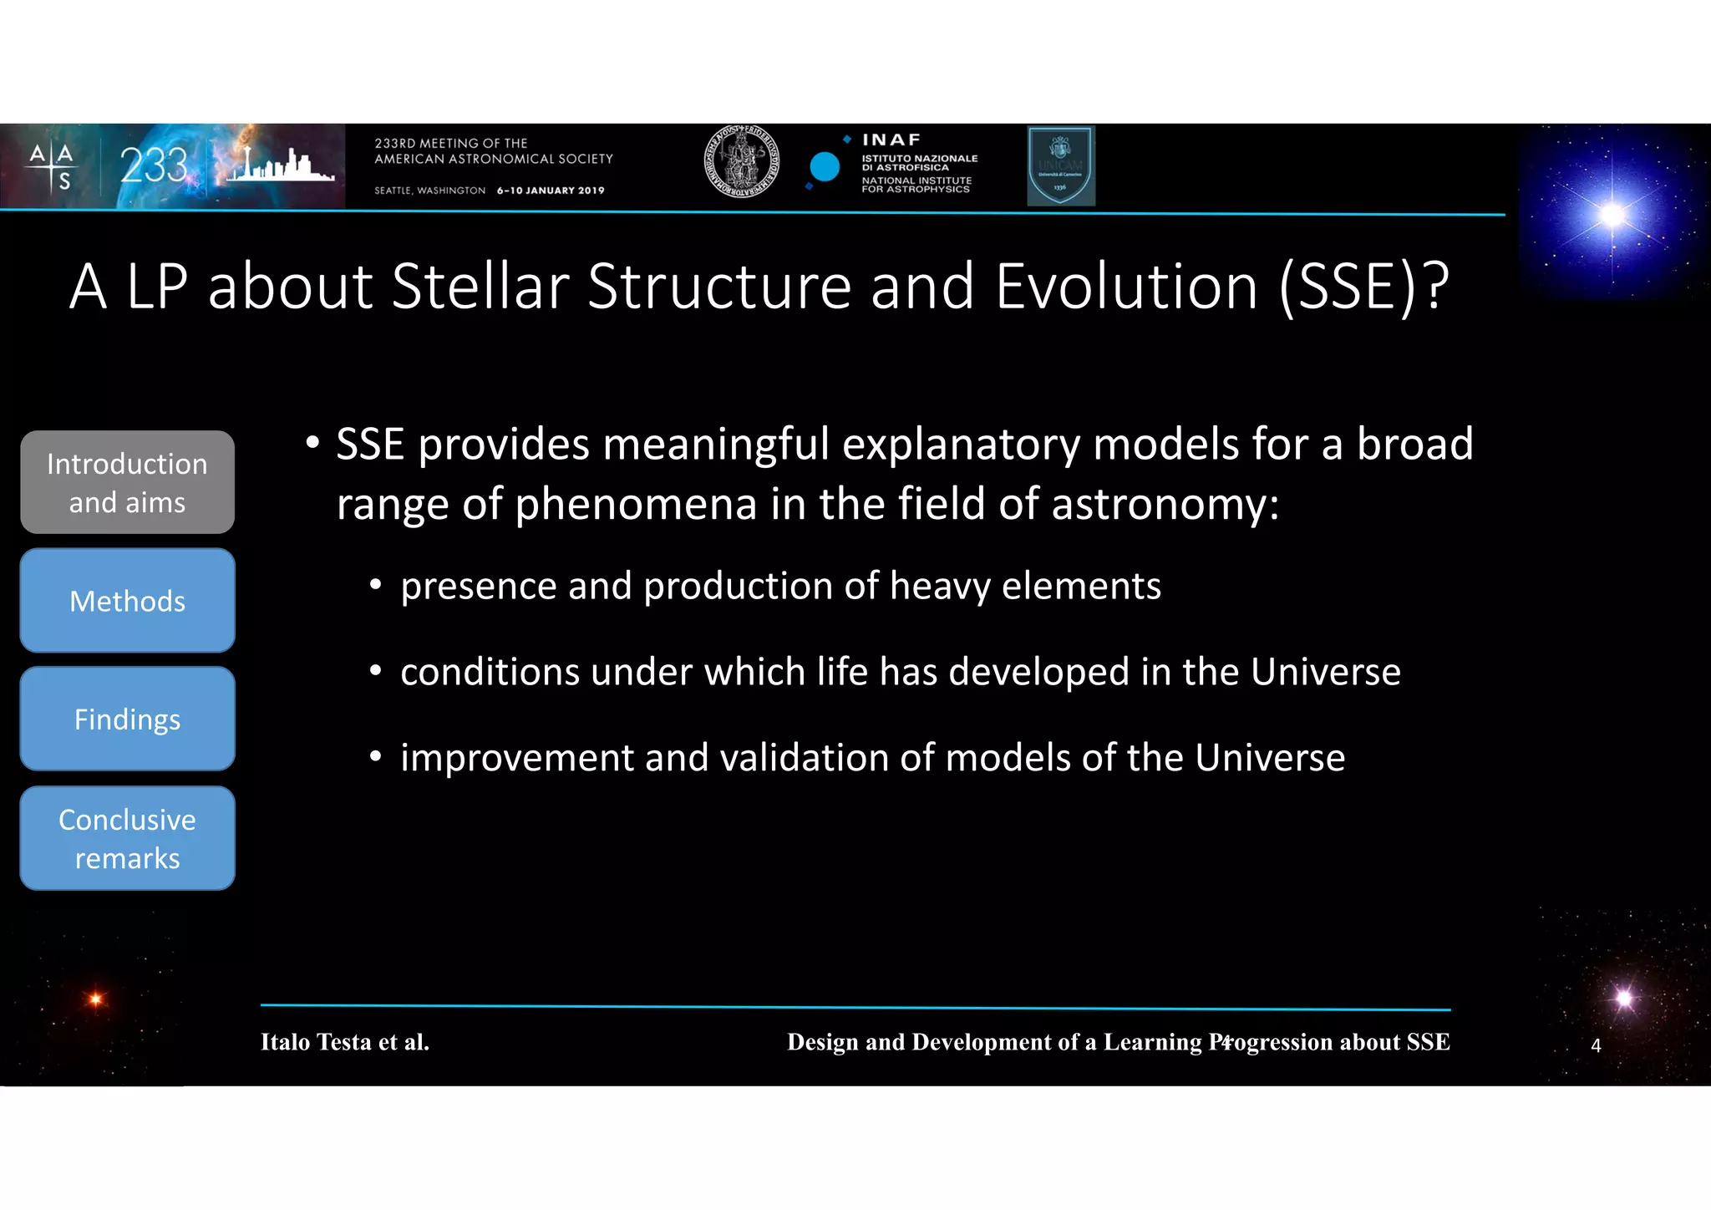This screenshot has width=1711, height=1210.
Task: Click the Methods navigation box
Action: pyautogui.click(x=127, y=601)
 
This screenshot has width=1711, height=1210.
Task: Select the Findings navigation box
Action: pyautogui.click(x=127, y=719)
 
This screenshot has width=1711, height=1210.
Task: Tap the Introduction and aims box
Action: pyautogui.click(x=127, y=483)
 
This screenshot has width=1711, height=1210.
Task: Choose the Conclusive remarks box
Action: pyautogui.click(x=127, y=838)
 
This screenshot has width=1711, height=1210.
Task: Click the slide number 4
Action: pyautogui.click(x=1596, y=1046)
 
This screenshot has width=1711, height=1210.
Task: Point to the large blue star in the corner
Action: pyautogui.click(x=1612, y=215)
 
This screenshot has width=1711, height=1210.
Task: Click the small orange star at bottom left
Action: pyautogui.click(x=95, y=999)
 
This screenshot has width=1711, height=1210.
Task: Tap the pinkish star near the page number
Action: pyautogui.click(x=1624, y=998)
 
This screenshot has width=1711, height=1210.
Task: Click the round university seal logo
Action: pyautogui.click(x=741, y=162)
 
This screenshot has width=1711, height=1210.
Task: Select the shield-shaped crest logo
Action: pyautogui.click(x=1060, y=165)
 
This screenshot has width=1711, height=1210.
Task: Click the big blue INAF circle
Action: pyautogui.click(x=825, y=167)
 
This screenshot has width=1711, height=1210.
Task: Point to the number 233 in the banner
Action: pyautogui.click(x=154, y=165)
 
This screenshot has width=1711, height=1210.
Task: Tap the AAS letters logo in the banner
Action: pyautogui.click(x=52, y=165)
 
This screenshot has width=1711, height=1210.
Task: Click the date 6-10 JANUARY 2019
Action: pyautogui.click(x=551, y=191)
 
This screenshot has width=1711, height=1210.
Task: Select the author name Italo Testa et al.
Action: pyautogui.click(x=344, y=1042)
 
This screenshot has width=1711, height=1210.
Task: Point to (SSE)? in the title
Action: pyautogui.click(x=1363, y=287)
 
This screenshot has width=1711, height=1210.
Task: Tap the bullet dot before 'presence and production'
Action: pyautogui.click(x=376, y=586)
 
